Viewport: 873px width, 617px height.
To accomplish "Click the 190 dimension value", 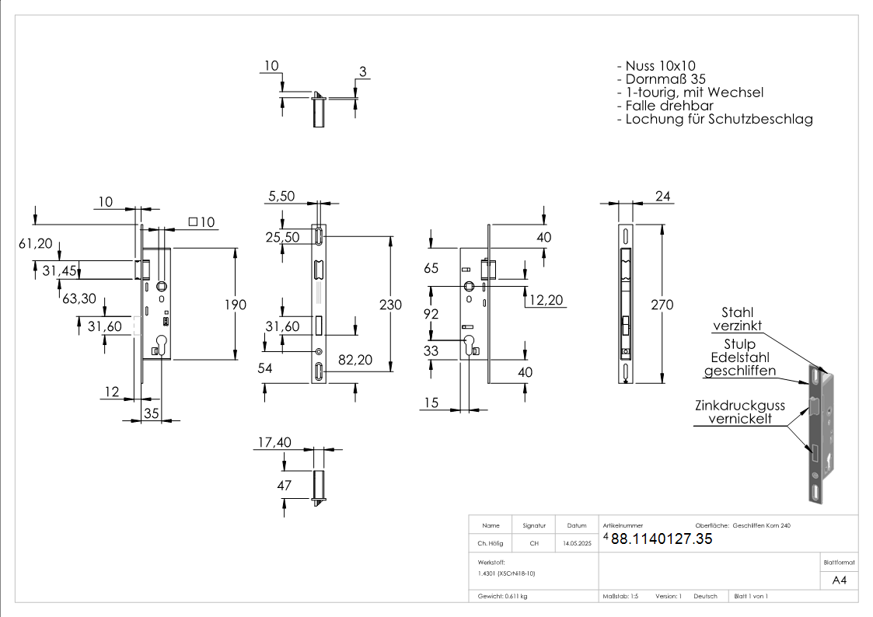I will coord(236,305).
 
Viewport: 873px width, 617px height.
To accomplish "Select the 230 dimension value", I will coord(390,305).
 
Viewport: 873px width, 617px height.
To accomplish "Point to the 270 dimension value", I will coord(662,305).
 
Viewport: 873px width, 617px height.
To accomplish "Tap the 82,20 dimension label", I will coord(354,359).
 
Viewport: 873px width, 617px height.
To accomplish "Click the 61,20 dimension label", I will coord(36,244).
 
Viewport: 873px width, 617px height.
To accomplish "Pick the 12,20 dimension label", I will coord(544,300).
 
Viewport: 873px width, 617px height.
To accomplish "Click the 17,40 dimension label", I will coord(273,442).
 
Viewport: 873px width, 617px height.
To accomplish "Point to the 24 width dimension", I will coord(663,197).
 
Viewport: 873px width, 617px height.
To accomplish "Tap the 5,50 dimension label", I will coord(282,197).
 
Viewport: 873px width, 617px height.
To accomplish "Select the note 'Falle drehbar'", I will coord(668,106).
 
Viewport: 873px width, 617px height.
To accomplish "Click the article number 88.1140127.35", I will coord(661,539).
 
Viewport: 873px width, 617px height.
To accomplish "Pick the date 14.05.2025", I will coord(577,544).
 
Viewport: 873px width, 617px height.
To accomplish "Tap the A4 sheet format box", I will coord(839,580).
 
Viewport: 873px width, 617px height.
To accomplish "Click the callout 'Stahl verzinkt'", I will coord(738,319).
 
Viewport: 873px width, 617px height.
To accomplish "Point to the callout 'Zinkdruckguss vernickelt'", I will coord(739,412).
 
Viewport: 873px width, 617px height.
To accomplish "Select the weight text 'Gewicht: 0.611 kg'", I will coord(502,596).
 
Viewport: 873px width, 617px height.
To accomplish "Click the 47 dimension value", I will coord(284,486).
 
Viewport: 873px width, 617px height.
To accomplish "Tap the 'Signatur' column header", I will coord(534,525).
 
